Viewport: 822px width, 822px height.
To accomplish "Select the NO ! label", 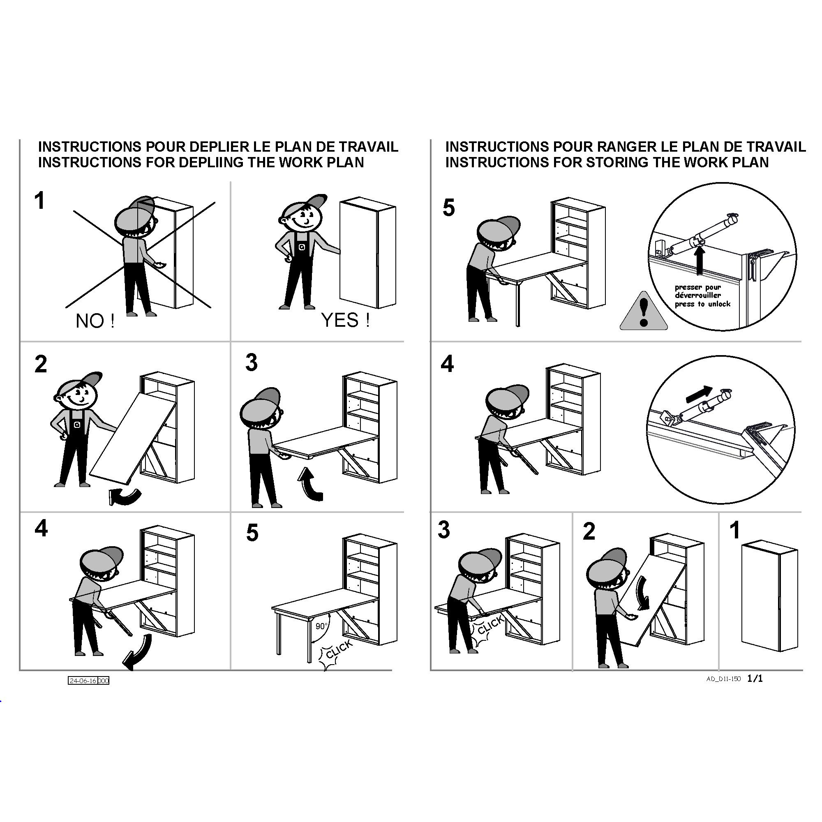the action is click(95, 321).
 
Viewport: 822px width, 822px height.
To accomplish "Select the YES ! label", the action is click(346, 320).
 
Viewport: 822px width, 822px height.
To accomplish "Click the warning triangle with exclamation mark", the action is click(643, 312).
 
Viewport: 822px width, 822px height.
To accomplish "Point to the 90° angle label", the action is click(322, 626).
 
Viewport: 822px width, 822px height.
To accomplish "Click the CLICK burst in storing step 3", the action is click(488, 628).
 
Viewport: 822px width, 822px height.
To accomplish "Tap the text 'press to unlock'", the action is click(702, 304).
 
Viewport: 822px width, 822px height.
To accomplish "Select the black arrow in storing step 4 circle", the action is click(699, 394).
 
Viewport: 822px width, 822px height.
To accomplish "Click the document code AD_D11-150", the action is click(723, 679).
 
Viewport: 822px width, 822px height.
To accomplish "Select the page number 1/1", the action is click(755, 678).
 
